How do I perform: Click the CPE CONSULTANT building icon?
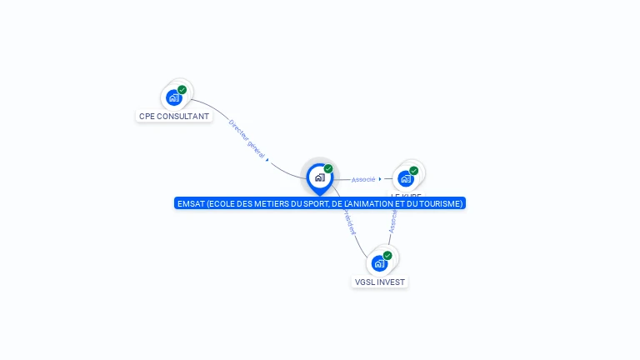(173, 97)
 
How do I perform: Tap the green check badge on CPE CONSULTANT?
(182, 89)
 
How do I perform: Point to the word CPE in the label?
(147, 117)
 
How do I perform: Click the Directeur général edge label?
(247, 138)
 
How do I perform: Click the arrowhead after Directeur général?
(267, 158)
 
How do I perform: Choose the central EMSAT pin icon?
(319, 177)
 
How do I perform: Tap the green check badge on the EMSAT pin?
(328, 169)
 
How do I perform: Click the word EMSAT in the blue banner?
(191, 203)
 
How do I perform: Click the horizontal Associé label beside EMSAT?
(363, 179)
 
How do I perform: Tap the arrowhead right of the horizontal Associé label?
(380, 179)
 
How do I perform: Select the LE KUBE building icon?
(405, 178)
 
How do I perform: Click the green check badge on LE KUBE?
(413, 171)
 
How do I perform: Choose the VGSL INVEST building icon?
(379, 263)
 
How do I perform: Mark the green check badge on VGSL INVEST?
(387, 256)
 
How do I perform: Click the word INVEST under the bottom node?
(391, 282)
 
